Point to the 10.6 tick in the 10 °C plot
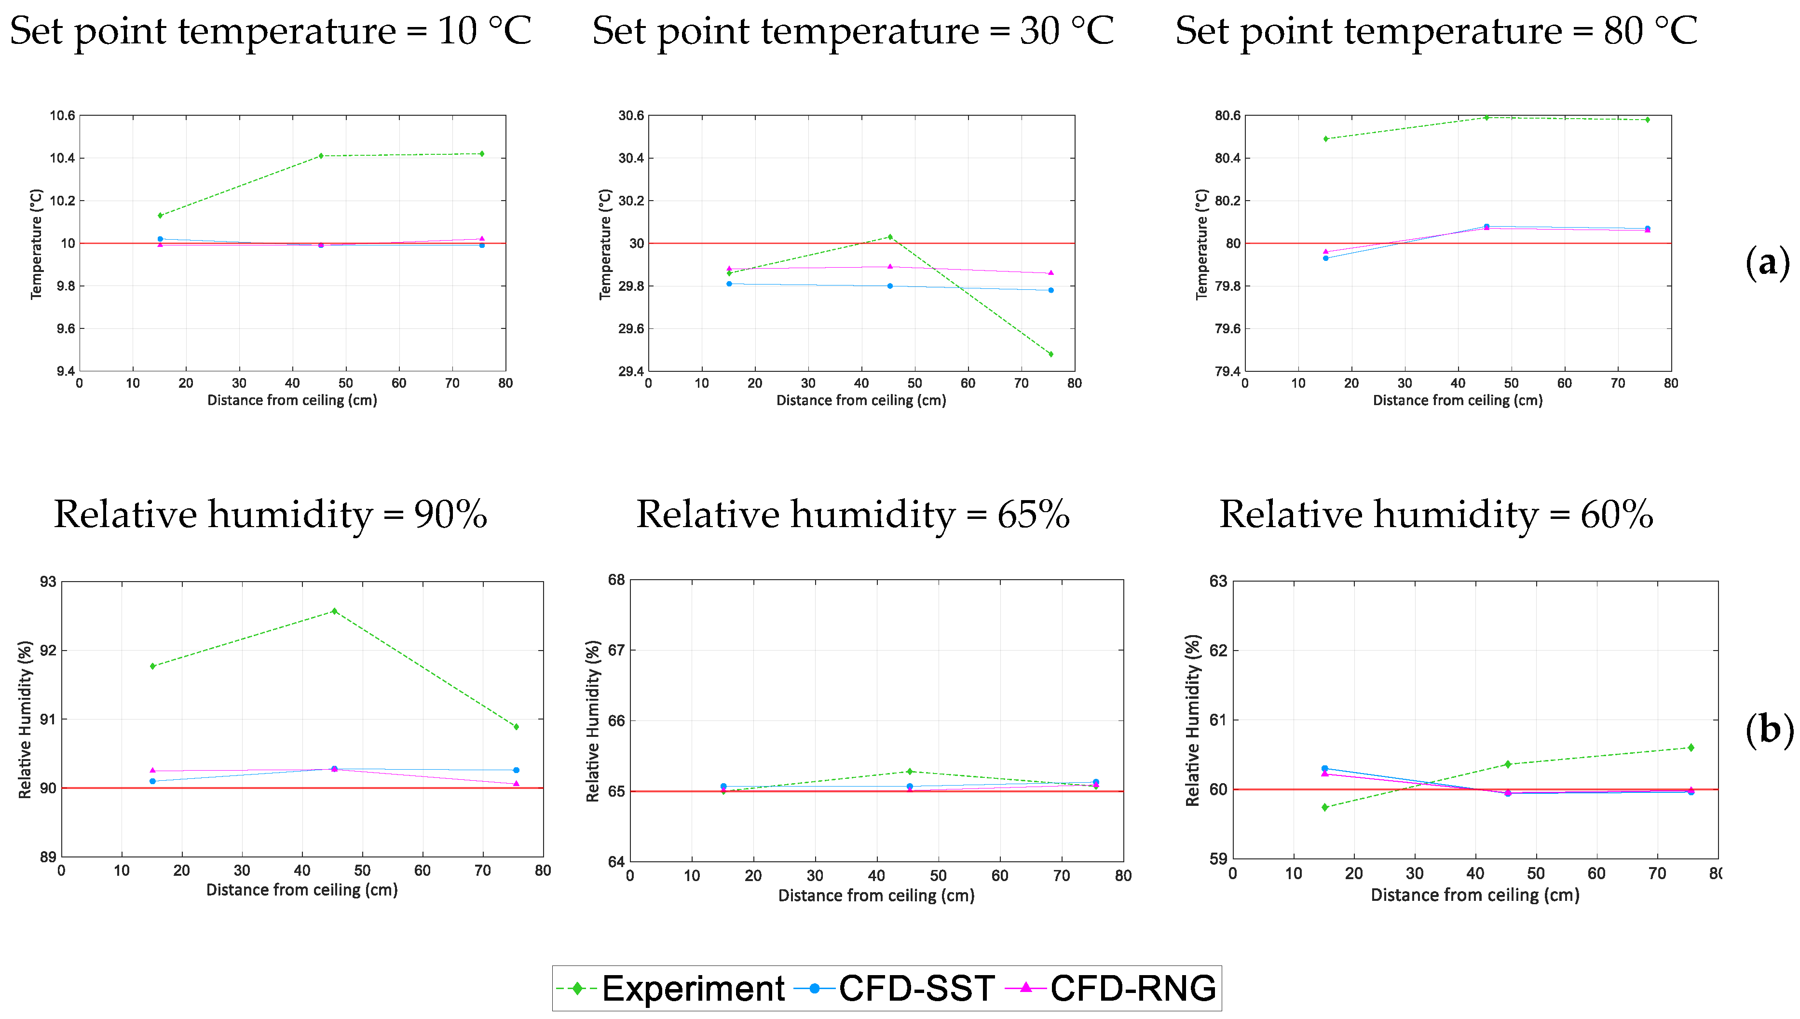[62, 115]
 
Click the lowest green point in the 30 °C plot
[1050, 354]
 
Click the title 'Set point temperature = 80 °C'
[1436, 31]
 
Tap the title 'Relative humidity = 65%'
[852, 515]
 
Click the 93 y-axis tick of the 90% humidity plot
[48, 582]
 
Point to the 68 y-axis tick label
[616, 580]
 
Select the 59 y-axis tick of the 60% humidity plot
[1218, 859]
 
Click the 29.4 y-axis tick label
[630, 371]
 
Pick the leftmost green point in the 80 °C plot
[1325, 138]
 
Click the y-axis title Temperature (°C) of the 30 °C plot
[605, 244]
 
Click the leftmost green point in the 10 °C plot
[160, 215]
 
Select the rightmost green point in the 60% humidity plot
[1691, 747]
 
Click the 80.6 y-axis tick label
[1227, 115]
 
